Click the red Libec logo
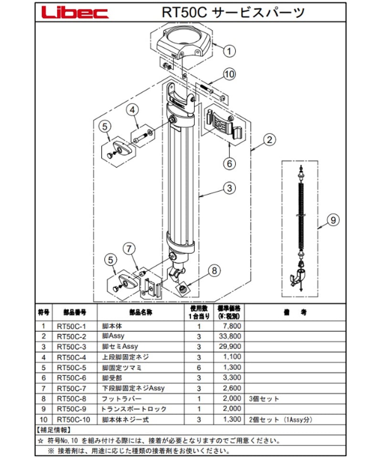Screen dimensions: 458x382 (74, 12)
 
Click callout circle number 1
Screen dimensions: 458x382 (229, 51)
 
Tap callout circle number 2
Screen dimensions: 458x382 (270, 140)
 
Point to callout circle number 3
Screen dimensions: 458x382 (230, 187)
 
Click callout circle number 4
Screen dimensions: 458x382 (132, 109)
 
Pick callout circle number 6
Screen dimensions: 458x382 (230, 163)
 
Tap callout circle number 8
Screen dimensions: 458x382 (214, 271)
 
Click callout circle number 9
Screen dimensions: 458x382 (334, 220)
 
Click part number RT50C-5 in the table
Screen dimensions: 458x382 (70, 367)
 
